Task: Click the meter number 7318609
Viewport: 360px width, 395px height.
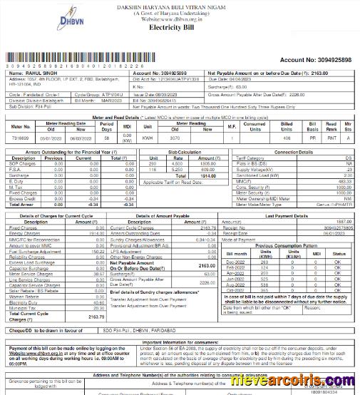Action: tap(21, 137)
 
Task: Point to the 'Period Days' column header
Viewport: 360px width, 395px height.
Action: tap(107, 127)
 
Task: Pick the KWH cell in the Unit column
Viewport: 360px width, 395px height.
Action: tap(148, 137)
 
